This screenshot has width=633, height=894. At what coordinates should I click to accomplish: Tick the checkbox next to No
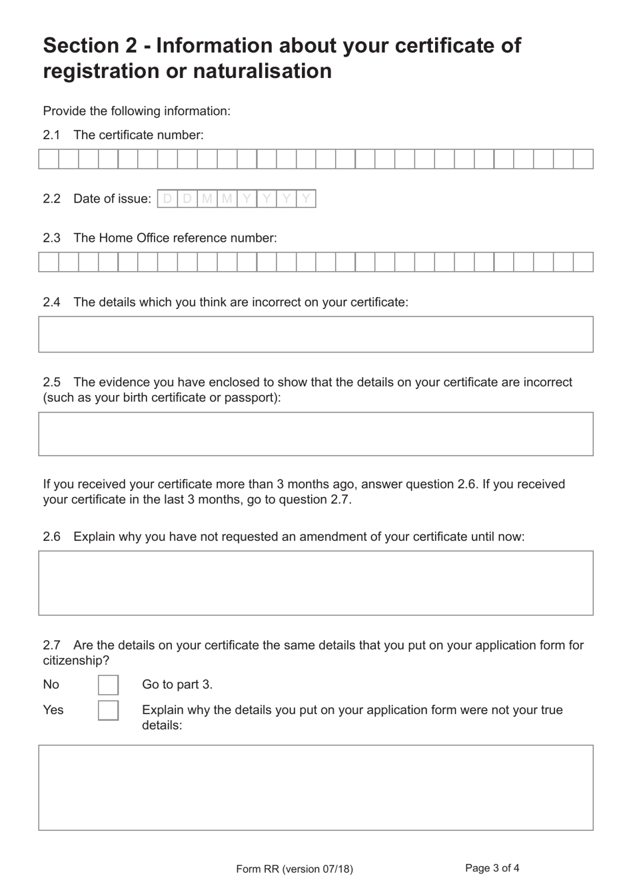tap(108, 685)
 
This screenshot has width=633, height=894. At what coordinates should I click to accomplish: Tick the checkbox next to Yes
tap(108, 710)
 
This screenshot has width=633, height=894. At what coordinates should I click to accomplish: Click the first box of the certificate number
tap(49, 159)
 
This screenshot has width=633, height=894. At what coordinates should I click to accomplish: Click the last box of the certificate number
tap(583, 159)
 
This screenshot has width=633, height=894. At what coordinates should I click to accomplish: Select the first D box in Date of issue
tap(167, 199)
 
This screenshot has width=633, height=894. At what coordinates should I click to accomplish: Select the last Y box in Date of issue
tap(306, 199)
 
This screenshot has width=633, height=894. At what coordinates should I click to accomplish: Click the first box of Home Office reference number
tap(49, 262)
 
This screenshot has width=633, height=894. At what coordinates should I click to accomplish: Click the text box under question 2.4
tap(316, 334)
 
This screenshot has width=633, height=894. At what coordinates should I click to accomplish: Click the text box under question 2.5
tap(316, 434)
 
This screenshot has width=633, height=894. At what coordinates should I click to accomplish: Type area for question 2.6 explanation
tap(316, 583)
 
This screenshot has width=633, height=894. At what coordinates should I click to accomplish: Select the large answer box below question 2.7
tap(316, 787)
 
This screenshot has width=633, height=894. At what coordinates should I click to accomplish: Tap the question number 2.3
tap(51, 238)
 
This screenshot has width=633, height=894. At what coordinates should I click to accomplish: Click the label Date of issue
tap(112, 199)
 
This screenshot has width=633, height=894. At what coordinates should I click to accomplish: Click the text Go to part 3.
tap(177, 685)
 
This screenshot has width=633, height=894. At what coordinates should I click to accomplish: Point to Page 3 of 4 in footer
tap(492, 868)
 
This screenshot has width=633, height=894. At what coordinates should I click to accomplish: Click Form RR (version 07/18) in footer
tap(295, 869)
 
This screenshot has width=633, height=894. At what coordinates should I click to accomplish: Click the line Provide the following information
tap(137, 111)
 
